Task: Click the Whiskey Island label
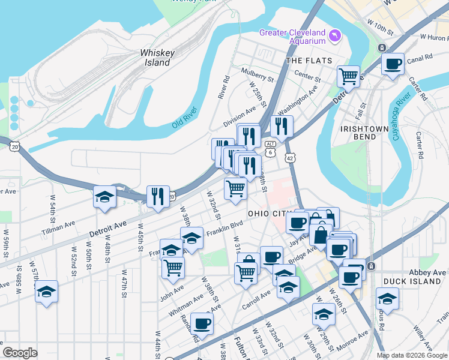tap(157, 58)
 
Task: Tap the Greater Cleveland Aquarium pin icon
tap(334, 37)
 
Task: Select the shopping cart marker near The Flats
tap(348, 77)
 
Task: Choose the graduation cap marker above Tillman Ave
tap(104, 197)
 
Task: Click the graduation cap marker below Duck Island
tap(387, 298)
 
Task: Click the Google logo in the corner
tap(20, 353)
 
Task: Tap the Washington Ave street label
tap(297, 95)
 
